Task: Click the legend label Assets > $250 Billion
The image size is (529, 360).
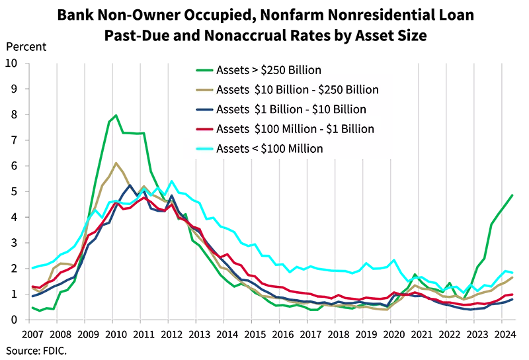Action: [x=268, y=70]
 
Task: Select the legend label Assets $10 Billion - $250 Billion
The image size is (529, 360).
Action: [x=297, y=90]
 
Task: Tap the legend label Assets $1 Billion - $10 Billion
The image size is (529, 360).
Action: [x=291, y=109]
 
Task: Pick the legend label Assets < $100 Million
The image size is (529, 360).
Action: [x=269, y=148]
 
